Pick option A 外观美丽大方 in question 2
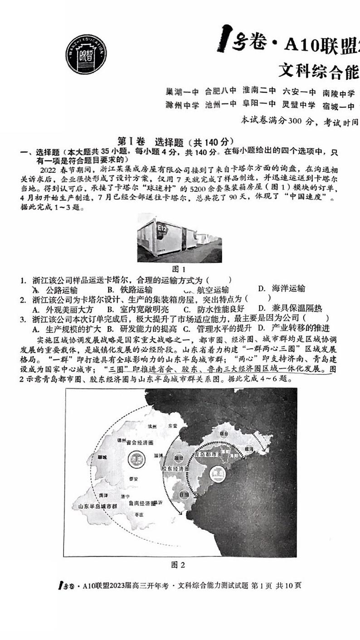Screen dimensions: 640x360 point(63,309)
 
